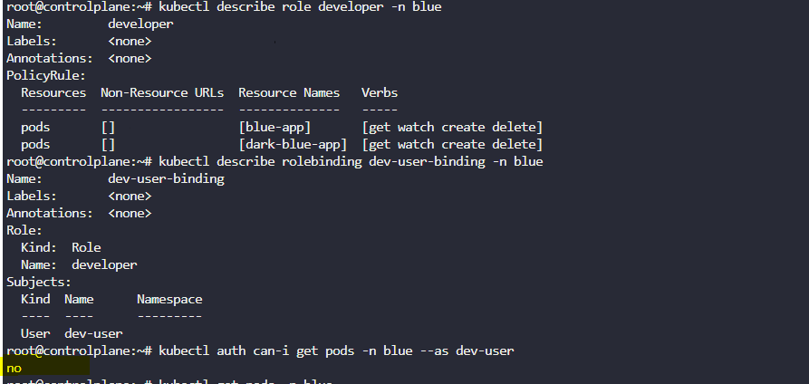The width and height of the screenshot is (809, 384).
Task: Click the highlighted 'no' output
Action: (x=14, y=369)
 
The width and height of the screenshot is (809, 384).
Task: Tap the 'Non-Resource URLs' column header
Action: (x=162, y=92)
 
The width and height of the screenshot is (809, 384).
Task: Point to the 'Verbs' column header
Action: (x=380, y=92)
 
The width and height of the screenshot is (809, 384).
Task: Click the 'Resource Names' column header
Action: (x=289, y=92)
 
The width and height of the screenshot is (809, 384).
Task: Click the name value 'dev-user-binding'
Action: (x=166, y=178)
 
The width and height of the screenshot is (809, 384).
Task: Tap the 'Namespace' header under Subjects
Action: (x=169, y=299)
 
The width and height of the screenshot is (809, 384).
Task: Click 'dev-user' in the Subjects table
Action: (x=93, y=333)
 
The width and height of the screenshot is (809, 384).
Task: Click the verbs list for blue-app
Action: (x=452, y=127)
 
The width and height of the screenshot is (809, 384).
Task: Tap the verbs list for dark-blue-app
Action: (x=452, y=144)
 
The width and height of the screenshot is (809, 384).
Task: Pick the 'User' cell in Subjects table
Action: (x=35, y=333)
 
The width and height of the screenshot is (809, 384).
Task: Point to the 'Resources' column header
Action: (x=53, y=92)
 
